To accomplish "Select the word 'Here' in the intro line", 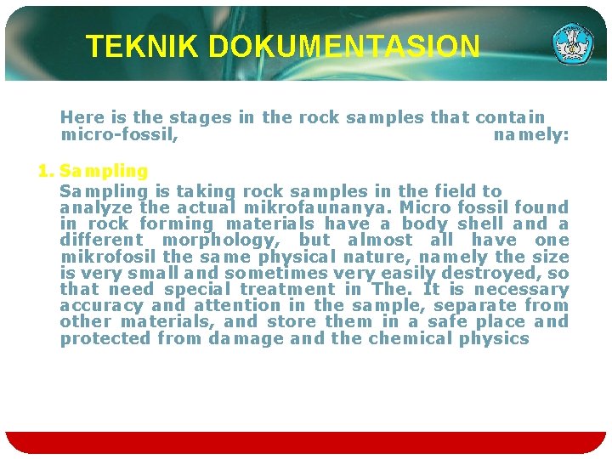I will click(81, 118).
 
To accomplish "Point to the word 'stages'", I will click(201, 118).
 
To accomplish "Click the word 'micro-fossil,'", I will click(119, 134).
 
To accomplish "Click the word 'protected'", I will click(105, 339).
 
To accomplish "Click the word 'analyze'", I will click(97, 207).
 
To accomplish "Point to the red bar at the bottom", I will click(306, 442).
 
